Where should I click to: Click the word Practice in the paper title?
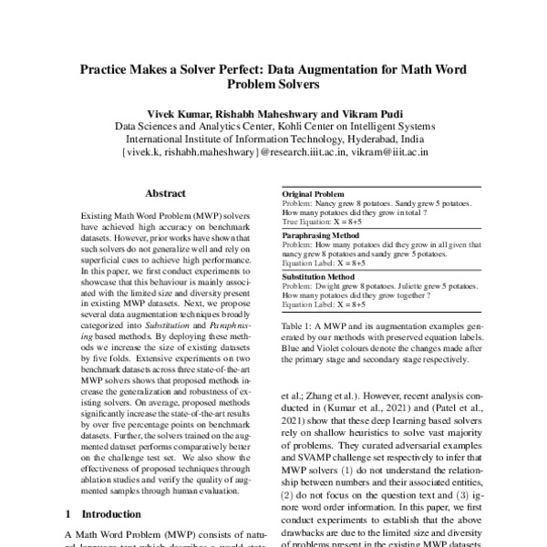click(x=107, y=67)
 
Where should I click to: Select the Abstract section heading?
click(x=166, y=193)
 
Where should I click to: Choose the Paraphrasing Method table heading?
click(x=320, y=235)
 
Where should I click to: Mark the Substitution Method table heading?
click(x=318, y=274)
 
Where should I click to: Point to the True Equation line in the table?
click(x=325, y=222)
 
